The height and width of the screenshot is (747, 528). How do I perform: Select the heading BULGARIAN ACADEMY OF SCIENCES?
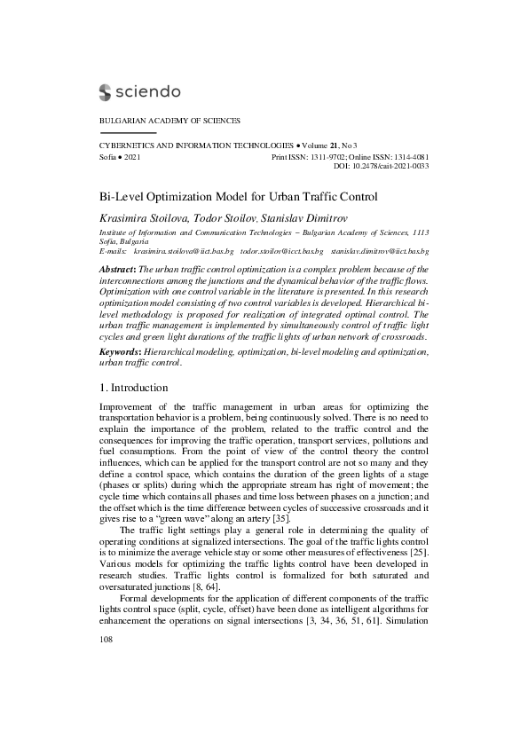(169, 121)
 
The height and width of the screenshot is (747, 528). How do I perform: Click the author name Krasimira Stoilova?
(139, 218)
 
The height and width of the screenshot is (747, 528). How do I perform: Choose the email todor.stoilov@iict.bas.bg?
(279, 252)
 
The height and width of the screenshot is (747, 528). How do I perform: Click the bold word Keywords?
(120, 351)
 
